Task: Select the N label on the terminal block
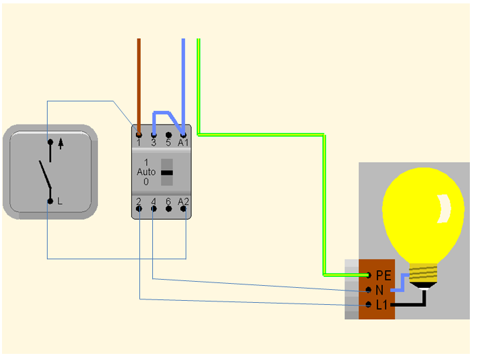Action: click(x=379, y=290)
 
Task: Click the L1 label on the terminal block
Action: click(x=381, y=305)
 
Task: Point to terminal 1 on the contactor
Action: click(x=139, y=135)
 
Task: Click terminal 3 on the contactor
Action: click(x=154, y=135)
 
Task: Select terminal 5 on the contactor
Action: click(x=168, y=135)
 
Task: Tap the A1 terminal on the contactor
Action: click(x=183, y=135)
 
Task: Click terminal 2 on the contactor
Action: click(x=139, y=208)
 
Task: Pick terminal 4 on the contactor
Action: click(x=154, y=208)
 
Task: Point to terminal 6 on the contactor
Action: click(x=168, y=208)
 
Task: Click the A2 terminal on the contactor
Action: click(x=184, y=208)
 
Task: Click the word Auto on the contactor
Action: click(x=146, y=172)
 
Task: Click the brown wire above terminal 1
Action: click(x=139, y=82)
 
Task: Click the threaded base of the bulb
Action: click(x=424, y=275)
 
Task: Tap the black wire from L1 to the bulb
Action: click(x=408, y=305)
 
